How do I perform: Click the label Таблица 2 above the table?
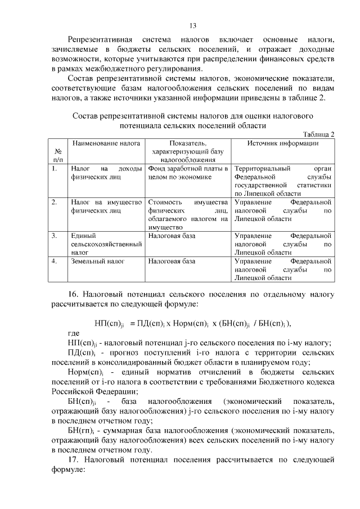(x=318, y=134)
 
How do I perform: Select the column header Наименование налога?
(x=105, y=143)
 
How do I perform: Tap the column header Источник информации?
(x=283, y=143)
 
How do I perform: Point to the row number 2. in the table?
(x=54, y=201)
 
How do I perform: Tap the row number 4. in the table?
(x=54, y=262)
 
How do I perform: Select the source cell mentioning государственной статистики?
(x=282, y=181)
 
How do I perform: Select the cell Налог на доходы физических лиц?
(x=105, y=173)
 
